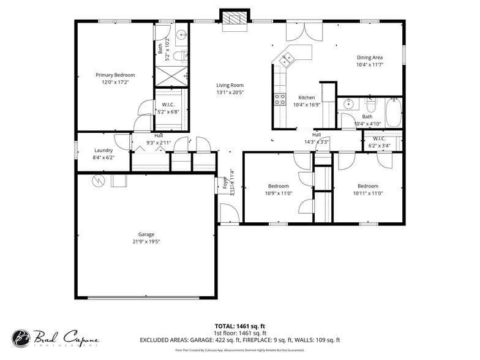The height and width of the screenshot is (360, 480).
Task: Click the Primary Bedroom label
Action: coord(115,75)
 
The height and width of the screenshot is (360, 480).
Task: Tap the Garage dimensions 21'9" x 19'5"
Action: coord(146,242)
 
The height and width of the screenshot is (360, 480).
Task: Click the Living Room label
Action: coord(230,85)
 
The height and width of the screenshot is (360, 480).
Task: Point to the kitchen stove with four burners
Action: coord(280,99)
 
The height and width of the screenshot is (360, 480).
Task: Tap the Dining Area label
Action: coord(370,58)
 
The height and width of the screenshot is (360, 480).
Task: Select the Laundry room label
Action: coord(103,150)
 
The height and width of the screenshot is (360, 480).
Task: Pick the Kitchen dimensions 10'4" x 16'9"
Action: coord(307,105)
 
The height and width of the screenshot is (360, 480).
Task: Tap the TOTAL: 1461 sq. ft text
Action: coord(239,326)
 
